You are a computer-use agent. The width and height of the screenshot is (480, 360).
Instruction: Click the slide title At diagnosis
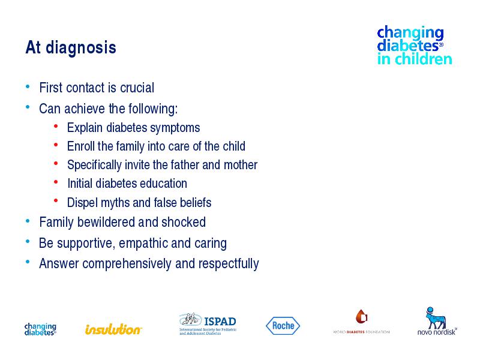pyautogui.click(x=71, y=47)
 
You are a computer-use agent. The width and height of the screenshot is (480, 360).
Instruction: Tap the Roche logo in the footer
pyautogui.click(x=283, y=326)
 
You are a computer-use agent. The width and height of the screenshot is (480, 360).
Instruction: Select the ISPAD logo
pyautogui.click(x=208, y=324)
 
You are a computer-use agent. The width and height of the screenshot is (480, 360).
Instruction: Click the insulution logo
pyautogui.click(x=113, y=329)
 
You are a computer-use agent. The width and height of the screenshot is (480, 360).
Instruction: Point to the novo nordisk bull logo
pyautogui.click(x=437, y=321)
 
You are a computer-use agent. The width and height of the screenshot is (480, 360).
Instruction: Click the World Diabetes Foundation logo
pyautogui.click(x=361, y=322)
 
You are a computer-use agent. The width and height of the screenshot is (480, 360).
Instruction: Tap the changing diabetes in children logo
pyautogui.click(x=415, y=46)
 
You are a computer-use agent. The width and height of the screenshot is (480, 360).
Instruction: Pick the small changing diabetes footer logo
pyautogui.click(x=40, y=329)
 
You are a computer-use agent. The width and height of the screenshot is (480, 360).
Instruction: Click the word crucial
pyautogui.click(x=137, y=88)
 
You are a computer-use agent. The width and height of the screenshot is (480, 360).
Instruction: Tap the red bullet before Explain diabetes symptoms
pyautogui.click(x=56, y=126)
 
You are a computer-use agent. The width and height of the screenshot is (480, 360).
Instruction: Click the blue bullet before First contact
pyautogui.click(x=28, y=86)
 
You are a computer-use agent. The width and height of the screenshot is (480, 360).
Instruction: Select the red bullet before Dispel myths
pyautogui.click(x=56, y=201)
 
